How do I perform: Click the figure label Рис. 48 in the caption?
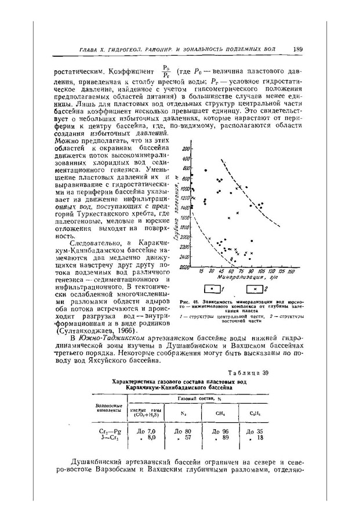[x=188, y=302]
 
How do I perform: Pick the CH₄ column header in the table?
[x=219, y=413]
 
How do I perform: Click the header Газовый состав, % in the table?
[x=197, y=399]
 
